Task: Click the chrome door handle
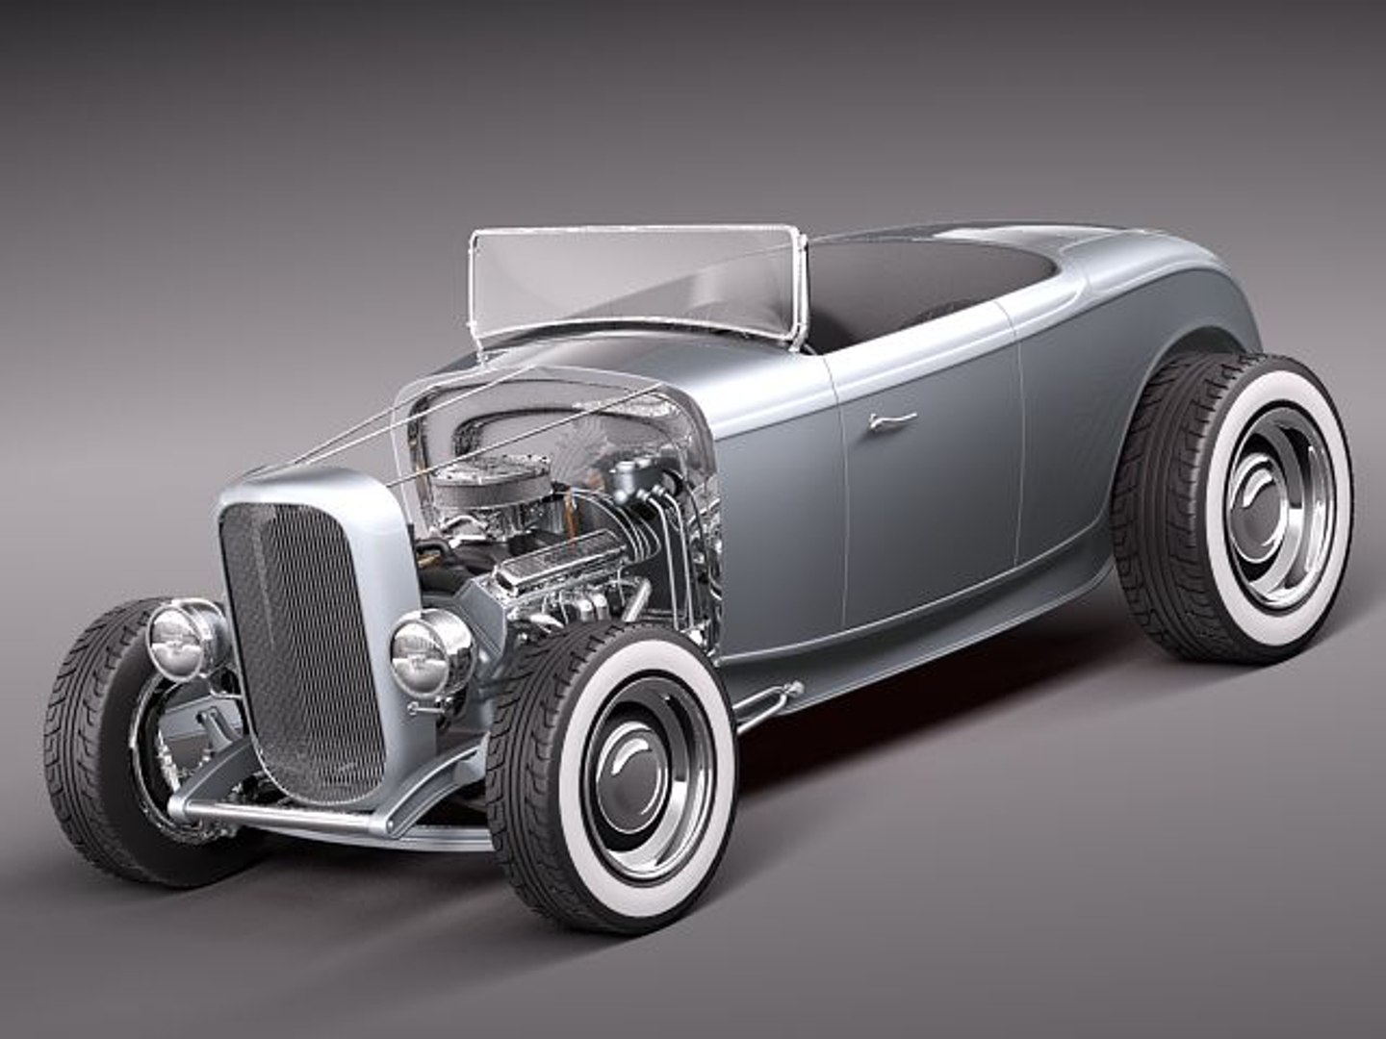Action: click(x=891, y=419)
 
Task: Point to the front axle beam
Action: click(x=289, y=818)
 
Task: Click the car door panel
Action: click(x=924, y=500)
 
